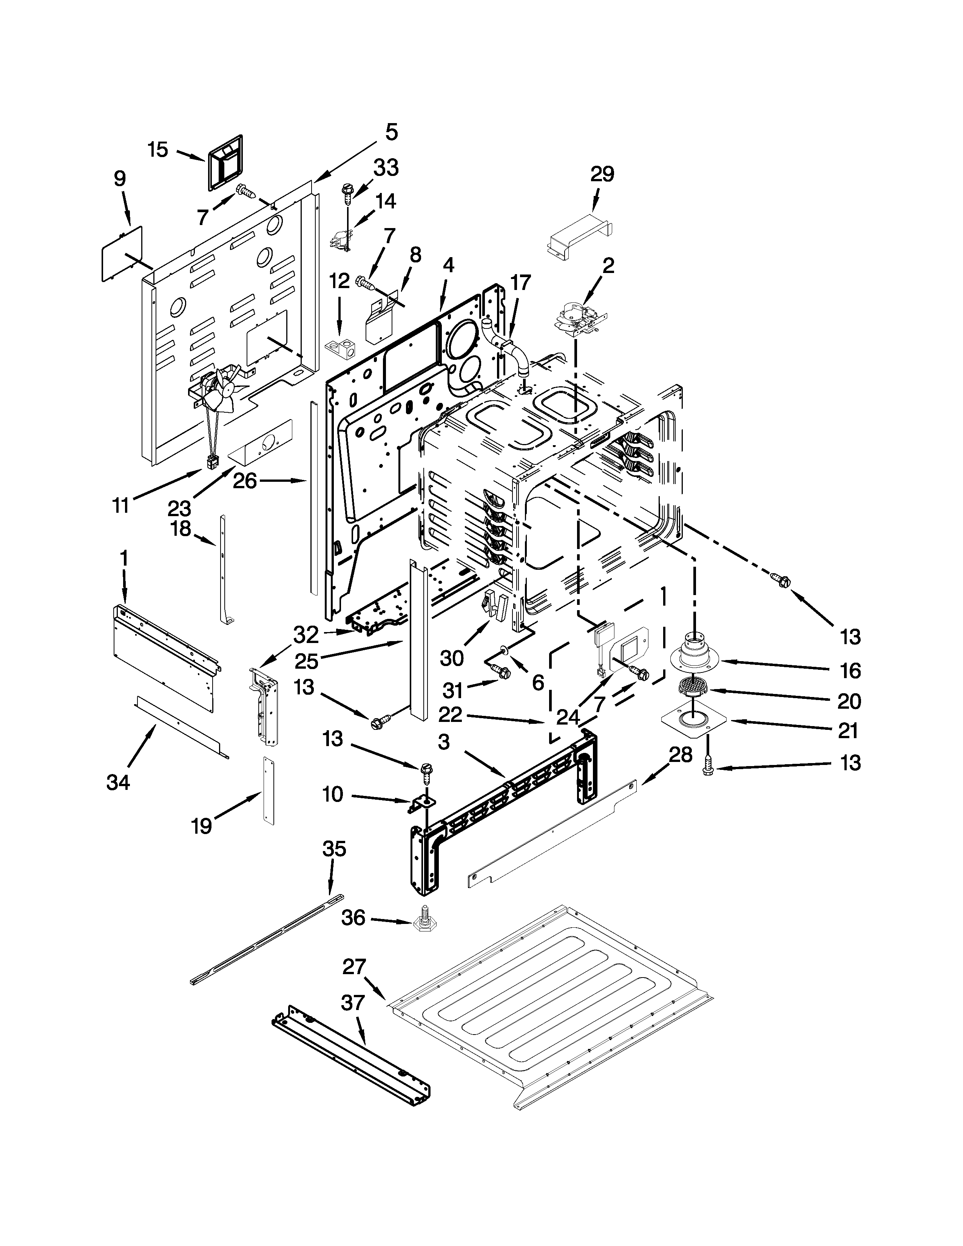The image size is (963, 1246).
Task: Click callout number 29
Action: tap(602, 174)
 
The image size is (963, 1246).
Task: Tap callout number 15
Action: tap(158, 150)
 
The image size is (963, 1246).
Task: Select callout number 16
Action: tap(850, 671)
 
